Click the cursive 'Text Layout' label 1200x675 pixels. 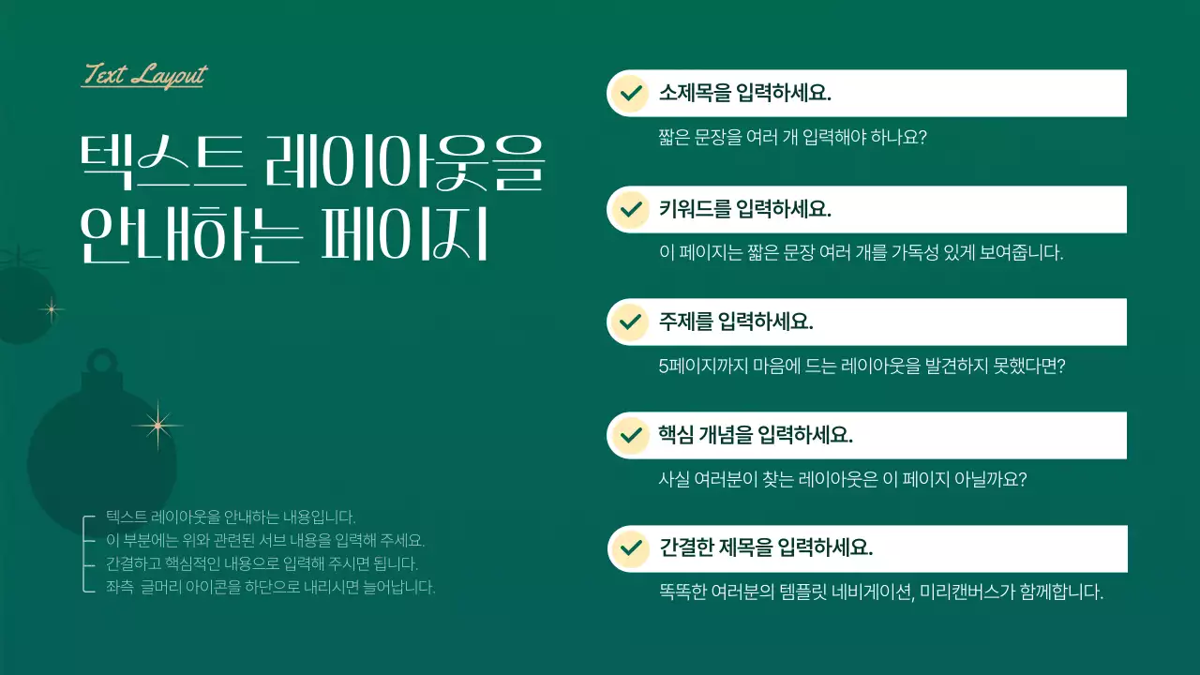144,75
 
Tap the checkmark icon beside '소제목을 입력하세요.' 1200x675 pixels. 630,93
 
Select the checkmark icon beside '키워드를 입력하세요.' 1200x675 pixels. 630,208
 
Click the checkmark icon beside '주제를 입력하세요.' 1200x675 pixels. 630,322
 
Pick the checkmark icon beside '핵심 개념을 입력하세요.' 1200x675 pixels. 630,435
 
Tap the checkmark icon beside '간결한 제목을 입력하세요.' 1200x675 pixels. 630,547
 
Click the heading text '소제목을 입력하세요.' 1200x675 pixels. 745,94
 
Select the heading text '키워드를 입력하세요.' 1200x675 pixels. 745,208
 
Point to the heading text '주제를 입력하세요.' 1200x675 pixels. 736,322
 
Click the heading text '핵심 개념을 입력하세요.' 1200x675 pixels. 756,435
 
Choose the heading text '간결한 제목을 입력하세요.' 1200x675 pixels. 766,547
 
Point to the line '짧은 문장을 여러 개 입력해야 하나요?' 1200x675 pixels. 793,138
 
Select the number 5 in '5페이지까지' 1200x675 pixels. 664,367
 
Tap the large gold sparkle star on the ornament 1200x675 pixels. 157,427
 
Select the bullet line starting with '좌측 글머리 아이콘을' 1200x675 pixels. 270,588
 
